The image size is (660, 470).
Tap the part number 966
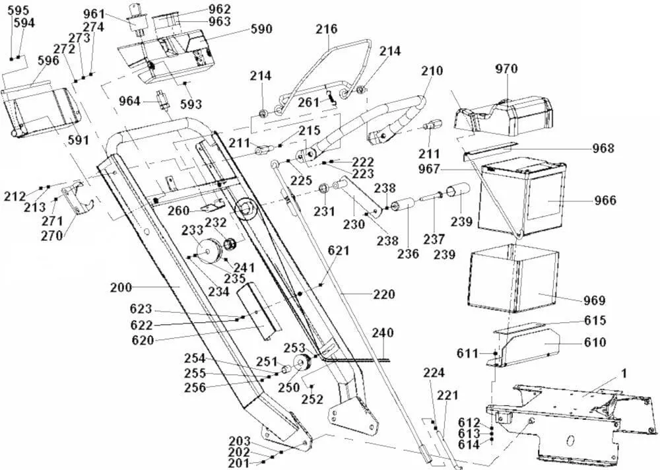(605, 201)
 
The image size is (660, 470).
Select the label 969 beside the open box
(593, 301)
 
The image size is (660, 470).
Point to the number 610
(594, 343)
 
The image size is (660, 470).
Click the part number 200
(121, 288)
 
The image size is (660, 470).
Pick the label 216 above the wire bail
(326, 29)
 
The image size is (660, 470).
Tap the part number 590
(261, 30)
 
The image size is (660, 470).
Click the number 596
(48, 60)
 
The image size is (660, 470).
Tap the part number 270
(52, 236)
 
